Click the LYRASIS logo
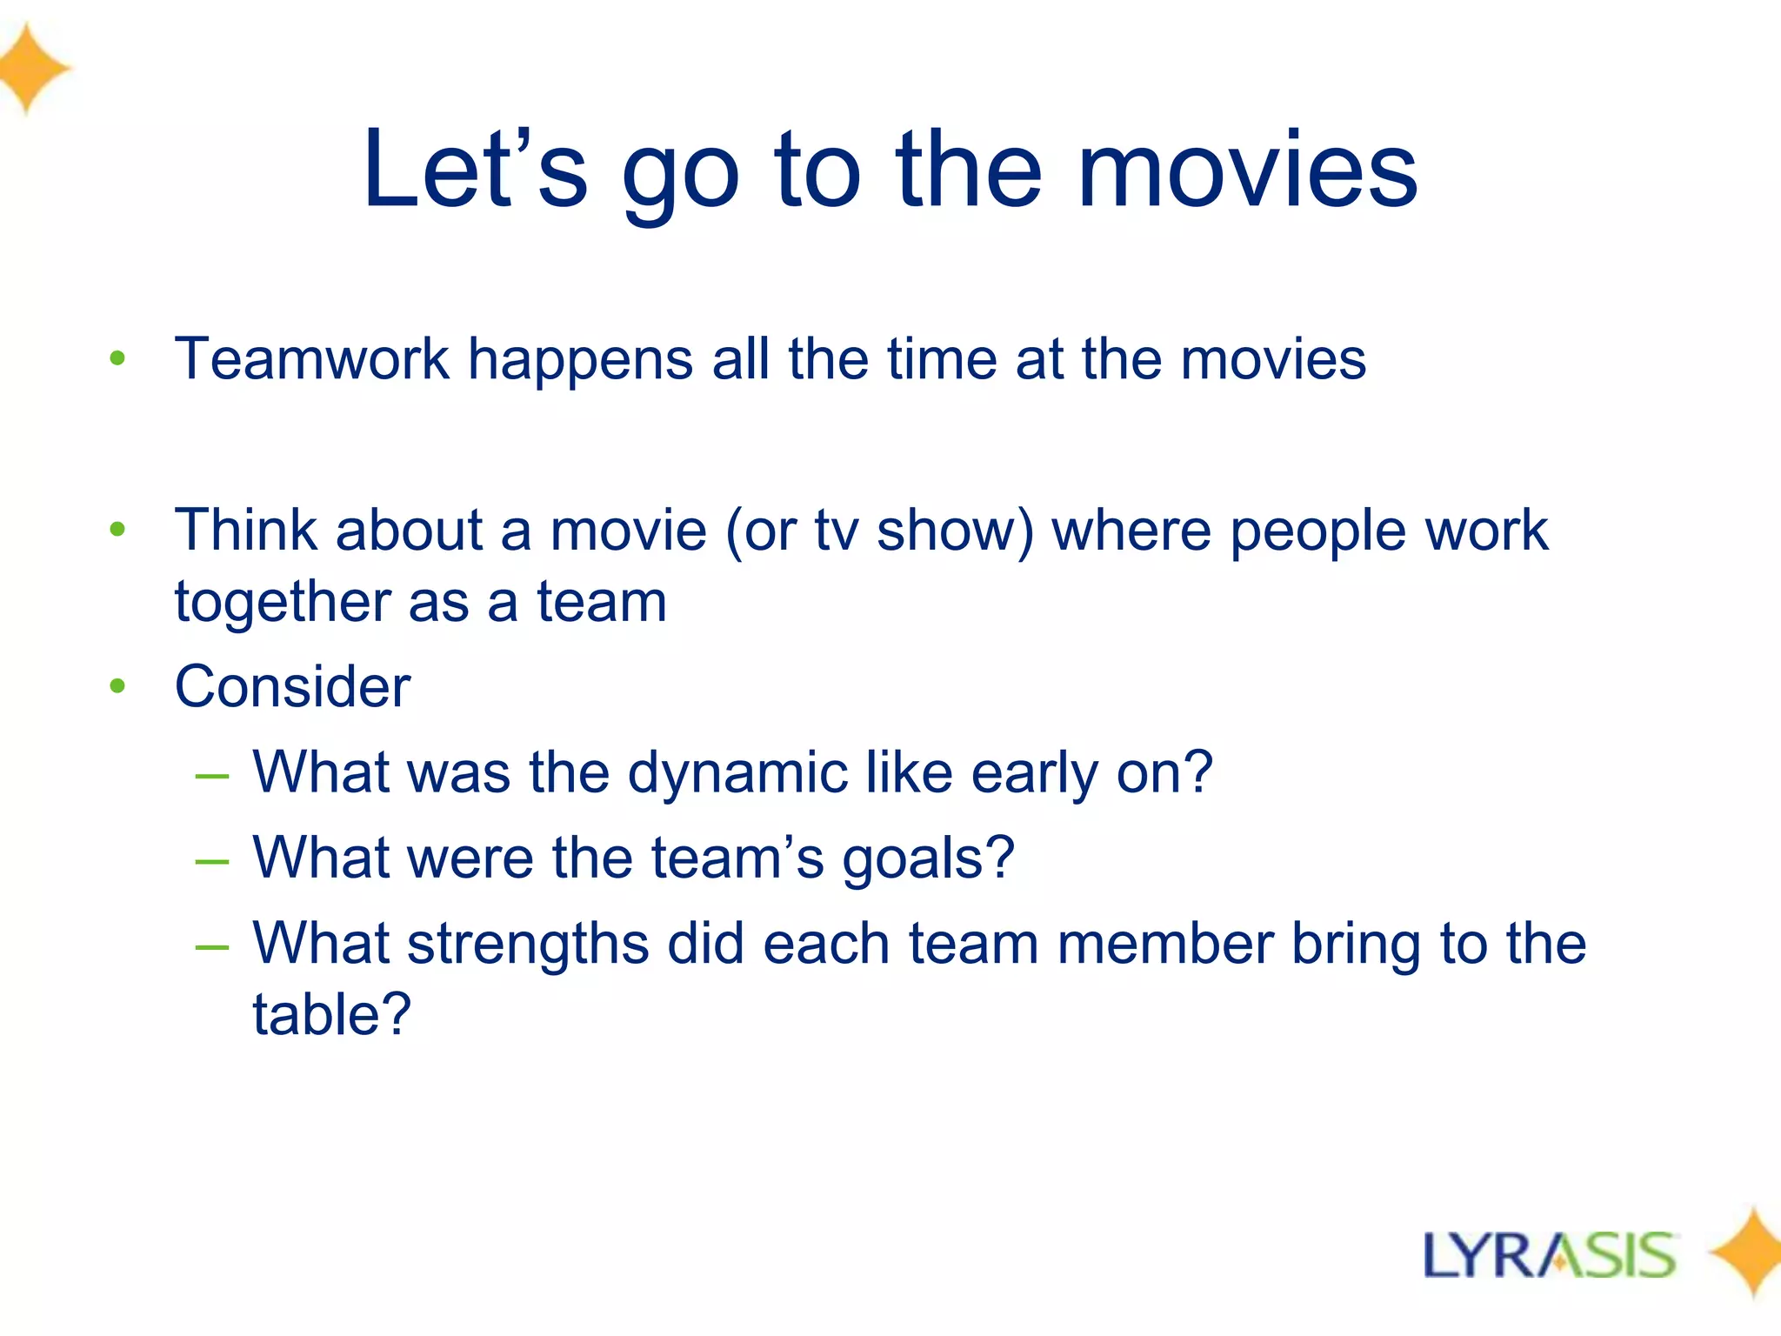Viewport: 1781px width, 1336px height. pyautogui.click(x=1549, y=1255)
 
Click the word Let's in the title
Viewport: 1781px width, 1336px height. pyautogui.click(x=475, y=169)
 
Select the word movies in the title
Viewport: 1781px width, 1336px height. pyautogui.click(x=1247, y=169)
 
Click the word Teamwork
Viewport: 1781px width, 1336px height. pyautogui.click(x=311, y=358)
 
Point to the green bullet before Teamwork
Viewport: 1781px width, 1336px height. pyautogui.click(x=118, y=358)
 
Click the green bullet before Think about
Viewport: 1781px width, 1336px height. pyautogui.click(x=118, y=529)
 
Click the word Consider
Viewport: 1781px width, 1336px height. pyautogui.click(x=292, y=687)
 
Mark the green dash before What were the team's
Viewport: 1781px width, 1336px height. pyautogui.click(x=212, y=861)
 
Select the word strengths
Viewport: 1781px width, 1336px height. pyautogui.click(x=528, y=945)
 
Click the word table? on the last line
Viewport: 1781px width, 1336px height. pyautogui.click(x=331, y=1014)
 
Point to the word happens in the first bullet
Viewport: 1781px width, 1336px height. pyautogui.click(x=580, y=360)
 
